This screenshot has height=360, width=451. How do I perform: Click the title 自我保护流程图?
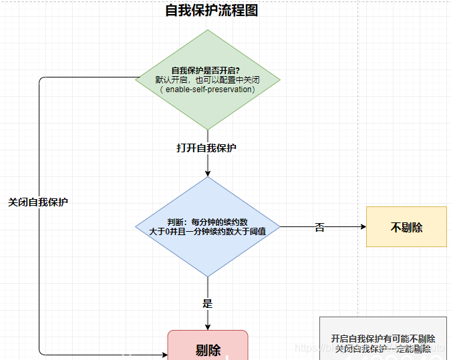pyautogui.click(x=211, y=11)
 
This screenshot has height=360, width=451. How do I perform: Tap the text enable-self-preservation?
pyautogui.click(x=208, y=89)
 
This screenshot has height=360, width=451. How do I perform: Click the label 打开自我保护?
pyautogui.click(x=206, y=148)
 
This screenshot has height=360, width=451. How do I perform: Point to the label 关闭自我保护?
pyautogui.click(x=38, y=202)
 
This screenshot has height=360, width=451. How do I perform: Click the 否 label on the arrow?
pyautogui.click(x=319, y=227)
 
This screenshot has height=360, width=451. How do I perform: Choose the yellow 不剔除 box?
pyautogui.click(x=406, y=227)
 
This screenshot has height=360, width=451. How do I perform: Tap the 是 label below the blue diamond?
pyautogui.click(x=207, y=303)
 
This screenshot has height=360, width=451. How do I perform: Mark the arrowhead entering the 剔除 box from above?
pyautogui.click(x=208, y=327)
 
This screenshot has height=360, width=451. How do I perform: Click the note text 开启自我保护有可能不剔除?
pyautogui.click(x=383, y=338)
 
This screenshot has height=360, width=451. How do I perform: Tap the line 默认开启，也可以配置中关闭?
pyautogui.click(x=208, y=79)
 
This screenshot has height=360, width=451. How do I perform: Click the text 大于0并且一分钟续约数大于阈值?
pyautogui.click(x=208, y=232)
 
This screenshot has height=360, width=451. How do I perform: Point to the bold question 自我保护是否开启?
pyautogui.click(x=206, y=70)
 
